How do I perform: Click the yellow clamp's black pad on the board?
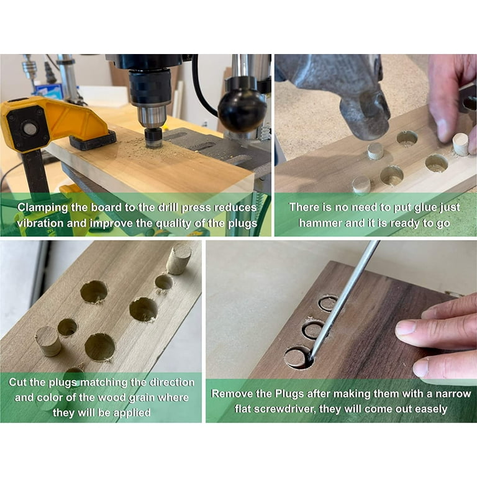tap(93, 140)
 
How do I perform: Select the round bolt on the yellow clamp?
tap(30, 129)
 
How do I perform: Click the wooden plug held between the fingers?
tap(460, 145)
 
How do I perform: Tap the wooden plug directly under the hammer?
tap(375, 151)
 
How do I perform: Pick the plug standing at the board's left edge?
tap(48, 342)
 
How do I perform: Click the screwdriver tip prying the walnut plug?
tap(311, 356)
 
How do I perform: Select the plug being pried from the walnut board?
tap(296, 358)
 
